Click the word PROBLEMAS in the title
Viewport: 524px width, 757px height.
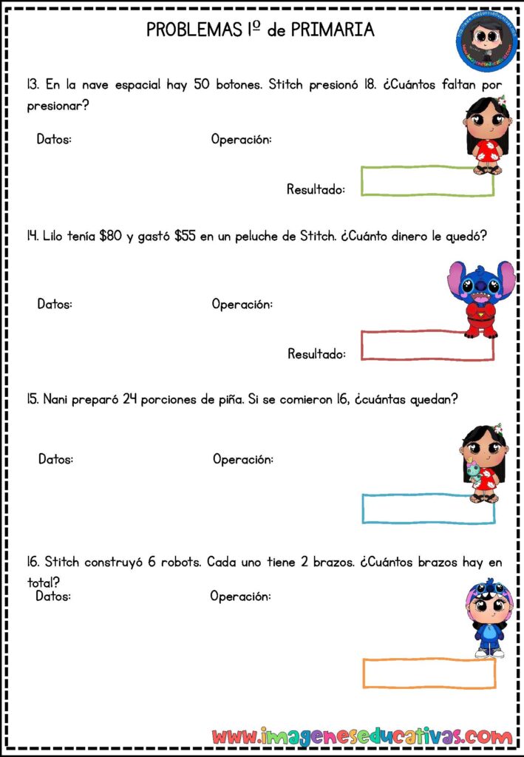pyautogui.click(x=195, y=30)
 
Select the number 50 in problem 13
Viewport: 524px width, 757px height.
pyautogui.click(x=202, y=84)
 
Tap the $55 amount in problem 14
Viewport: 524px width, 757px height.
pyautogui.click(x=186, y=236)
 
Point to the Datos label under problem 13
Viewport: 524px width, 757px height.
pyautogui.click(x=54, y=139)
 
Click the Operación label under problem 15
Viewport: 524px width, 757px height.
pyautogui.click(x=243, y=459)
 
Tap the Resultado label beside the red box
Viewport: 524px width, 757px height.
pyautogui.click(x=316, y=354)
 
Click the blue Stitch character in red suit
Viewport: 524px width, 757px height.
pyautogui.click(x=481, y=299)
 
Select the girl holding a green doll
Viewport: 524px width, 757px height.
pyautogui.click(x=483, y=464)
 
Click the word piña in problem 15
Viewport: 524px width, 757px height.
pyautogui.click(x=230, y=400)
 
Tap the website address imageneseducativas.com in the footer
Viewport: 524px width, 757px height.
pyautogui.click(x=362, y=736)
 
